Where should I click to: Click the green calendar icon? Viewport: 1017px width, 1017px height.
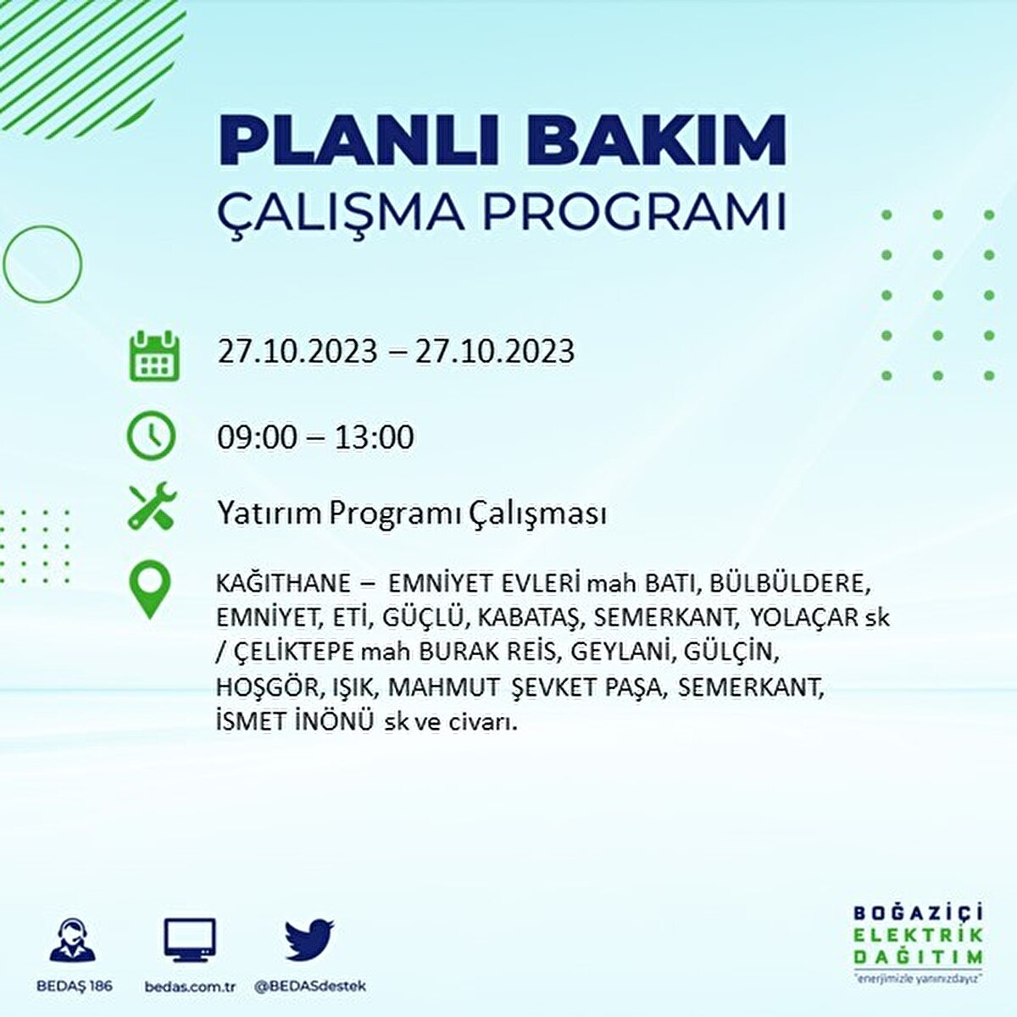pos(153,355)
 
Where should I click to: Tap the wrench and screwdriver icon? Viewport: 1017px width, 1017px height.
pos(152,506)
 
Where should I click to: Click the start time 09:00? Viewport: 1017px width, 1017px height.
pos(258,437)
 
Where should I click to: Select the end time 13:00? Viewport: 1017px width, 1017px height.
pos(374,437)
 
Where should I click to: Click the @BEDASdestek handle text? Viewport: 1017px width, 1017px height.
pos(310,986)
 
